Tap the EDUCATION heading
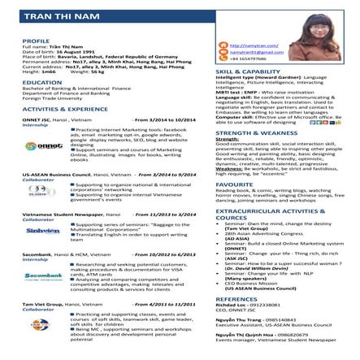(37, 82)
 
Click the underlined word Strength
(227, 139)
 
